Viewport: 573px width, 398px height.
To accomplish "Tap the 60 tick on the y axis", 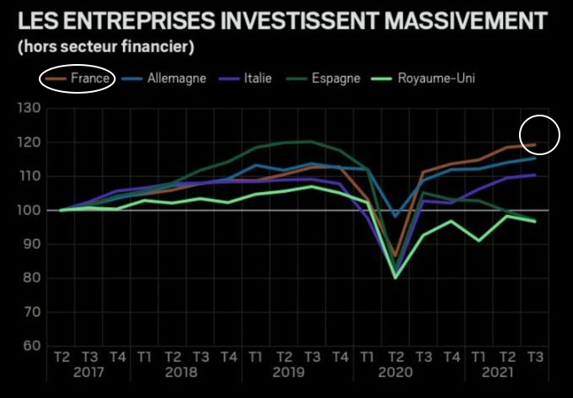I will click(x=32, y=346).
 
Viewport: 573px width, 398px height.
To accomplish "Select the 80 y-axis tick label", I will click(x=32, y=278).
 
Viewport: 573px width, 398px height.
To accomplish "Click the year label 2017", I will click(x=89, y=372).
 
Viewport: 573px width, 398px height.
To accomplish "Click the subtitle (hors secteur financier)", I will click(x=105, y=45).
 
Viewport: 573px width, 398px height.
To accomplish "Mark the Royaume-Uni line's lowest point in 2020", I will click(x=395, y=277).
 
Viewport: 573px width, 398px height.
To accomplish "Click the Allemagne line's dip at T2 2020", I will click(x=395, y=217).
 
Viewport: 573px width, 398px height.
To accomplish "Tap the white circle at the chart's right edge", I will click(x=539, y=134).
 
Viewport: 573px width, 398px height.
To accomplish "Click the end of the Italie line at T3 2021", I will click(x=534, y=175).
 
